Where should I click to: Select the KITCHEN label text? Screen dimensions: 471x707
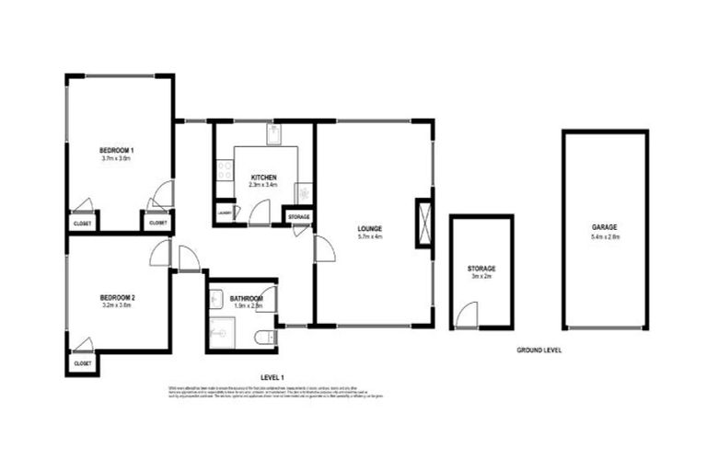[261, 177]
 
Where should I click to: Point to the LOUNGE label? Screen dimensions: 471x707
[371, 228]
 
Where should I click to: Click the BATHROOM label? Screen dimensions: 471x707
[246, 299]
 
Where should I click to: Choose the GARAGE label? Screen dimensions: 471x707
[605, 226]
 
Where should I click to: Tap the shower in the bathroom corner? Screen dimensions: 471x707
[221, 333]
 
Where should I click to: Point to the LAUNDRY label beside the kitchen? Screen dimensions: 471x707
[223, 213]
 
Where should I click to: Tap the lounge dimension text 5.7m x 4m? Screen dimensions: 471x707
[371, 237]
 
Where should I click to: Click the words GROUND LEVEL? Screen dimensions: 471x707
[539, 350]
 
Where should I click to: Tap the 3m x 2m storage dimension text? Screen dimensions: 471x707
[481, 275]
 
